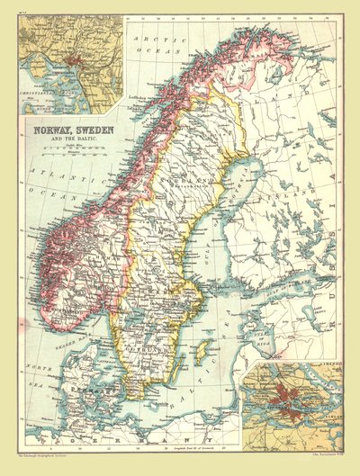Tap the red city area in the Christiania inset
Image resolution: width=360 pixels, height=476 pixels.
pos(74,67)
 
